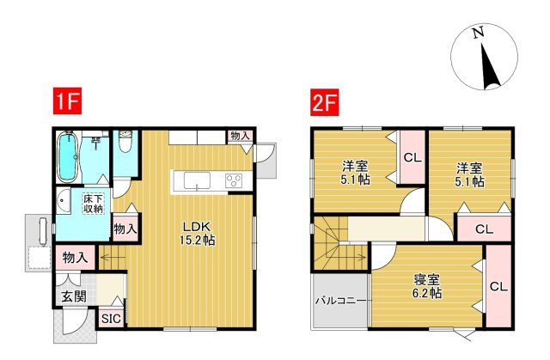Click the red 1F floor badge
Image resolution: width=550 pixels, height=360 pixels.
pyautogui.click(x=67, y=101)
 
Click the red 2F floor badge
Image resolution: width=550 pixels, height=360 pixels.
pyautogui.click(x=325, y=101)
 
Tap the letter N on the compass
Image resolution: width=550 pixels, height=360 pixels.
pyautogui.click(x=478, y=33)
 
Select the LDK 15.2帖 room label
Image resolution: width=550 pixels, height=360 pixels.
pyautogui.click(x=197, y=232)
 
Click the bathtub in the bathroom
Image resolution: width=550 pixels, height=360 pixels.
pyautogui.click(x=67, y=156)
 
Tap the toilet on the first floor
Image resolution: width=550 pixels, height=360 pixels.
pyautogui.click(x=125, y=140)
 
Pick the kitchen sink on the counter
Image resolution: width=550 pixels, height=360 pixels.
pyautogui.click(x=197, y=180)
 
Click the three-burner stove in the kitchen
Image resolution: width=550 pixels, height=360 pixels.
pyautogui.click(x=234, y=181)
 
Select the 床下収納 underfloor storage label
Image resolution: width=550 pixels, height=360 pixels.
pyautogui.click(x=93, y=204)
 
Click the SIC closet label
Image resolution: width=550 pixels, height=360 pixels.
pyautogui.click(x=111, y=319)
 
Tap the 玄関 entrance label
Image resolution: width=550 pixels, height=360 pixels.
pyautogui.click(x=74, y=296)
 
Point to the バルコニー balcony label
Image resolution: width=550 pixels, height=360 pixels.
pyautogui.click(x=340, y=301)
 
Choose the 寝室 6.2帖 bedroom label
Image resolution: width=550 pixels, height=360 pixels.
pyautogui.click(x=426, y=286)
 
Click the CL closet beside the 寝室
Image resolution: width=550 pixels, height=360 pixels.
pyautogui.click(x=498, y=287)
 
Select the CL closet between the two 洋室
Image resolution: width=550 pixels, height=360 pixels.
pyautogui.click(x=412, y=157)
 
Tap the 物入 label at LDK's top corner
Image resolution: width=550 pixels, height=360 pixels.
pyautogui.click(x=241, y=136)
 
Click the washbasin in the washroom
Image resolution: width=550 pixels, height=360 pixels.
pyautogui.click(x=63, y=201)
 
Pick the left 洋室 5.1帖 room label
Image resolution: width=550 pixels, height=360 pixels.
pyautogui.click(x=355, y=174)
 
